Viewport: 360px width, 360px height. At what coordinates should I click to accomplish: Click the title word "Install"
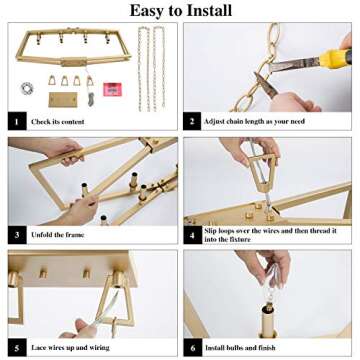point(204,10)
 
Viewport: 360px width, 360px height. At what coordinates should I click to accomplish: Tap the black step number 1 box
point(17,121)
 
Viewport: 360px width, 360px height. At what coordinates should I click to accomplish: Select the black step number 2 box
point(192,121)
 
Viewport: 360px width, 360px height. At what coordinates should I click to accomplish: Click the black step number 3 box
point(17,235)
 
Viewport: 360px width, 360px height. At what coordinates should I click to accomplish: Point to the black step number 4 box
point(192,235)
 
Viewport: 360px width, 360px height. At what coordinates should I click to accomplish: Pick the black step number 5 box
point(17,347)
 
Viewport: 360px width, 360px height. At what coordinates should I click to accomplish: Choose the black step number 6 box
point(193,348)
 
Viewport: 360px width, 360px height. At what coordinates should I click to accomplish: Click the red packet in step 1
point(112,89)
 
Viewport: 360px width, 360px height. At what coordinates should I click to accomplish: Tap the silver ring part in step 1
point(27,88)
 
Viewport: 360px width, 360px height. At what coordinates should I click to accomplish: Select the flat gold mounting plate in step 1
point(63,100)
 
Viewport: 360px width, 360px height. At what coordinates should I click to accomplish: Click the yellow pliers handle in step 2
point(335,59)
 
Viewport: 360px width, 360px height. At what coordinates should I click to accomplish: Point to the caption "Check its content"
point(58,122)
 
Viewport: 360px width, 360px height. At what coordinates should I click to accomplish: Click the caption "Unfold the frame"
point(58,235)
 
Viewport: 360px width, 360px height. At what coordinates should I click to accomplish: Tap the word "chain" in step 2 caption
point(235,121)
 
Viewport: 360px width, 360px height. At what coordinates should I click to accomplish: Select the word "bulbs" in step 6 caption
point(235,348)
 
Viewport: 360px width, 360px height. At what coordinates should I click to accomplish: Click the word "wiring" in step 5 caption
point(99,348)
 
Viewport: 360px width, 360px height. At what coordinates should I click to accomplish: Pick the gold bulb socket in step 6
point(268,321)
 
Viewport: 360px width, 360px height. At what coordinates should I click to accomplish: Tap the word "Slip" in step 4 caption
point(211,231)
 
